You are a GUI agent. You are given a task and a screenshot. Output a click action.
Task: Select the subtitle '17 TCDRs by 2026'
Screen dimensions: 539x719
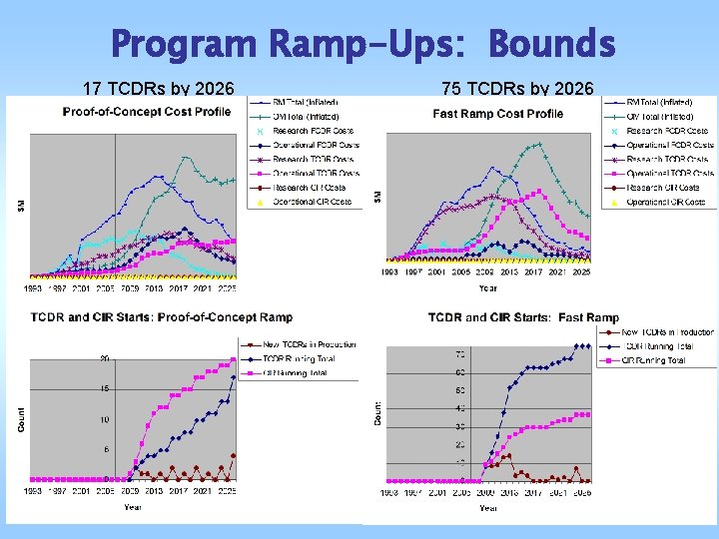pos(158,90)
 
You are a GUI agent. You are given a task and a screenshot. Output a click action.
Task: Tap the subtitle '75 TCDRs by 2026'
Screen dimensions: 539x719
pos(517,90)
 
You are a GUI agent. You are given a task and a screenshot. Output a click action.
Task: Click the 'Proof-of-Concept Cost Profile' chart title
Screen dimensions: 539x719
pos(146,112)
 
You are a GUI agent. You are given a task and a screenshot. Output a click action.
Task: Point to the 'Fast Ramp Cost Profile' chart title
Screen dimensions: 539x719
pos(498,113)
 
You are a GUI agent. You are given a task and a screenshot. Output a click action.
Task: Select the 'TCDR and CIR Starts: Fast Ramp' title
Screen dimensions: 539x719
pos(523,317)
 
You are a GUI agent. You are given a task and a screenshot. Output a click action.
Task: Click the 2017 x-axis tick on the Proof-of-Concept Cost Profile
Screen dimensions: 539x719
pos(179,288)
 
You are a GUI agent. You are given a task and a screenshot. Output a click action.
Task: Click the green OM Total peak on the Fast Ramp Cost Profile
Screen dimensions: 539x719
pos(538,144)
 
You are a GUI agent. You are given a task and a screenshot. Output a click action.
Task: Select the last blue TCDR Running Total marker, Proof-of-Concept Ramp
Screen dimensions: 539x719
pos(235,377)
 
